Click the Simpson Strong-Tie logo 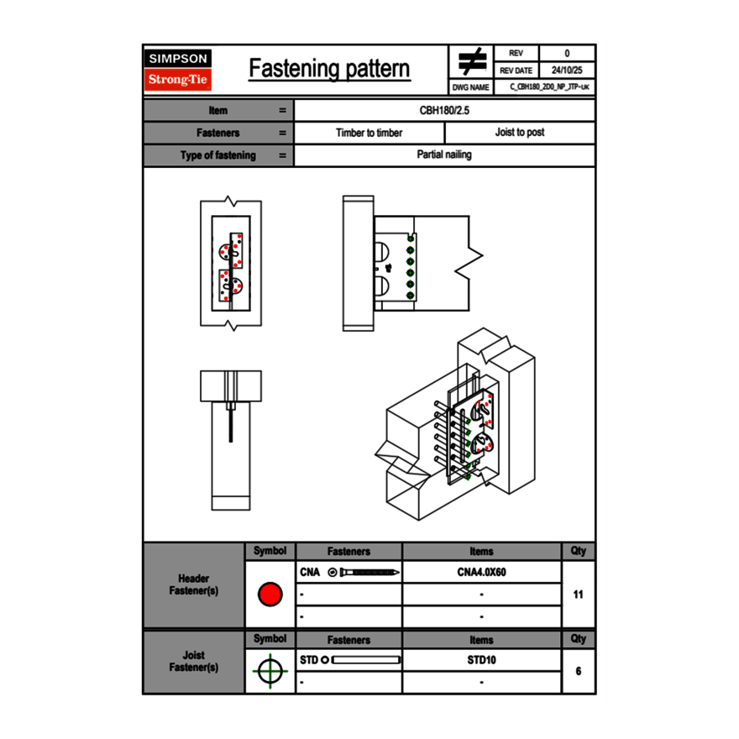[179, 70]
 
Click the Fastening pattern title [329, 69]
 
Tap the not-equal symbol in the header [472, 62]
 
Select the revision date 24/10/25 [567, 71]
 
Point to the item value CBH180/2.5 [445, 110]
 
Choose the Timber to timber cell [369, 133]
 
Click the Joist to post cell [520, 133]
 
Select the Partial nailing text [444, 155]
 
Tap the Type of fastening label [218, 155]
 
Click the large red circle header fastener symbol [270, 595]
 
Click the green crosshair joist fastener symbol [270, 671]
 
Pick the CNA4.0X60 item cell [481, 573]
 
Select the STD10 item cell [481, 660]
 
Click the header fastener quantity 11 [578, 595]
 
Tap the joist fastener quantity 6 [578, 671]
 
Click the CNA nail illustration [365, 573]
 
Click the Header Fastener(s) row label [194, 584]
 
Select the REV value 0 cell [567, 53]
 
